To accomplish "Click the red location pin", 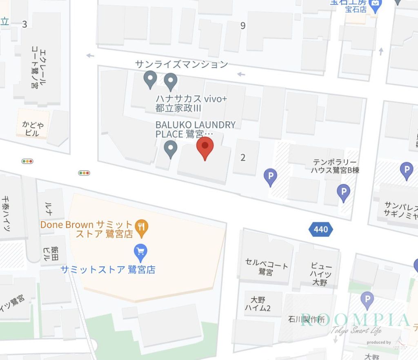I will pos(205,147).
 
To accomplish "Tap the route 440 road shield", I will pos(321,229).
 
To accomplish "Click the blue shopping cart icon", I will pos(141,253).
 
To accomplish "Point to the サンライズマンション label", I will pos(181,64).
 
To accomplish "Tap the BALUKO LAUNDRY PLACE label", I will pos(195,129).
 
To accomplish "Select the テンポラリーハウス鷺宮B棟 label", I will pos(336,166).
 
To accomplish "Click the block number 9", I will pos(243,26).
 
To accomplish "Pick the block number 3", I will pos(24,24).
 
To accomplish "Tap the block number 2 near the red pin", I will pos(243,158).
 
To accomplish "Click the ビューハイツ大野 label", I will pos(320,273).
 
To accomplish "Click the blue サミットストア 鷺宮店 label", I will pos(108,269).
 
